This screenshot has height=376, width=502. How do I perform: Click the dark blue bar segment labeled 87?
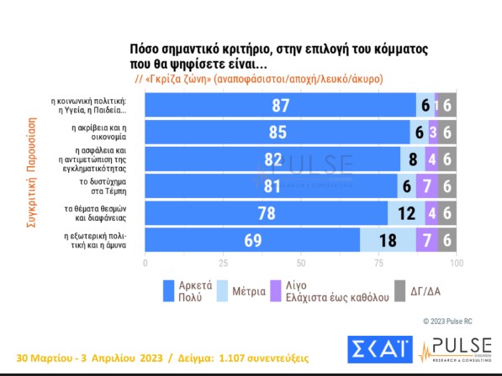pos(280,105)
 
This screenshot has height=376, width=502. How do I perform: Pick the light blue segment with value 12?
pos(406,211)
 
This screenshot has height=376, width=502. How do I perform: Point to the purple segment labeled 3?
pos(432,132)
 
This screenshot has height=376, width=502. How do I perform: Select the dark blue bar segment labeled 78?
pos(267,211)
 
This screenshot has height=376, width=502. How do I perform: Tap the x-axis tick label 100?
pos(456,263)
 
